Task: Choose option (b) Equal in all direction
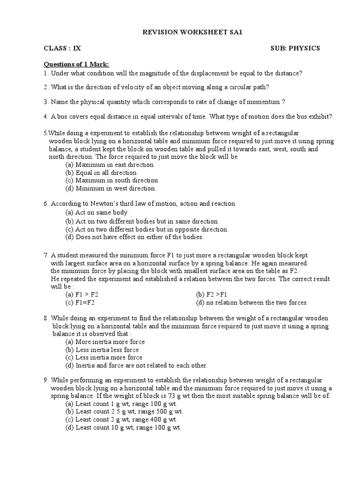click(101, 172)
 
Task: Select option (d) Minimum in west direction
click(111, 188)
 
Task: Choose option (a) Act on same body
click(97, 212)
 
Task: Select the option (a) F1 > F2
click(82, 295)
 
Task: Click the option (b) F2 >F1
click(211, 295)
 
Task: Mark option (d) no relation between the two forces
click(251, 303)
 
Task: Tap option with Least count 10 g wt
click(123, 427)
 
